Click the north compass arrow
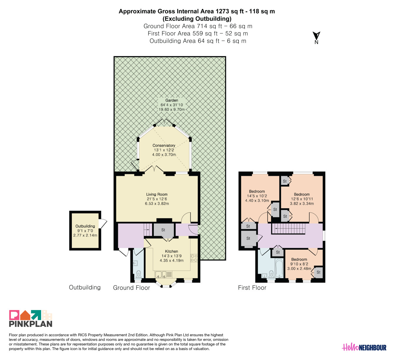pos(316,36)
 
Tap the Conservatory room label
pos(164,146)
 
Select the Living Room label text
pos(157,194)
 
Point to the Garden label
pos(171,100)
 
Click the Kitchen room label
pos(171,251)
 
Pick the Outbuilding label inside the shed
pos(85,226)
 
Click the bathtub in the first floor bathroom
pos(279,268)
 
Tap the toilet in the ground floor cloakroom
pos(139,274)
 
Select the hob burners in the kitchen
pos(194,258)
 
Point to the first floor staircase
pos(288,229)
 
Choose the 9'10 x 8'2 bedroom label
pos(299,264)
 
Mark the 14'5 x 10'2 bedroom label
pos(257,196)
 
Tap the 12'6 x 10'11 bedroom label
pos(302,199)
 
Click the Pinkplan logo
pos(31,318)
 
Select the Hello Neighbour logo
pos(364,347)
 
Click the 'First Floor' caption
pos(252,288)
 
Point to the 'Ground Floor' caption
pos(131,288)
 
